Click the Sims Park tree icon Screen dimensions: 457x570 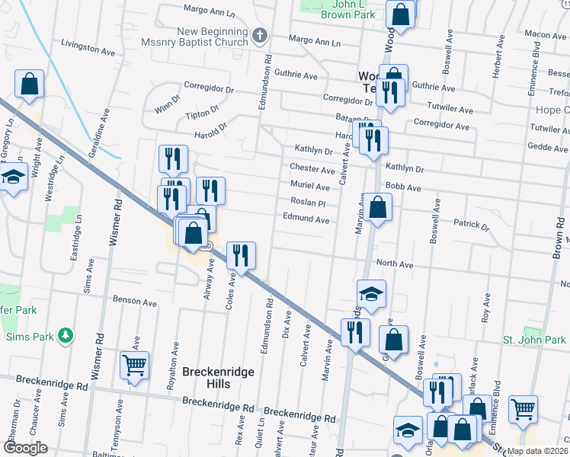click(66, 336)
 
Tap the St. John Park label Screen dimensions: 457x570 click(534, 340)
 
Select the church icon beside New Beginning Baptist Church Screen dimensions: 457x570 click(259, 34)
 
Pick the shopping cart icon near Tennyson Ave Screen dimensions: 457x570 click(134, 366)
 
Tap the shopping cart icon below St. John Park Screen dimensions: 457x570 click(523, 409)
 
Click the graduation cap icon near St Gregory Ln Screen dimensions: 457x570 click(12, 177)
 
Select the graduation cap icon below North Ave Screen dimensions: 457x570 click(371, 294)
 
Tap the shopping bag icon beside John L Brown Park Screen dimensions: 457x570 click(400, 14)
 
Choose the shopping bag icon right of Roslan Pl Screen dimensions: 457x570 click(377, 206)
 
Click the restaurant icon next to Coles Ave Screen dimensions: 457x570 click(241, 256)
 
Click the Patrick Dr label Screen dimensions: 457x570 click(470, 225)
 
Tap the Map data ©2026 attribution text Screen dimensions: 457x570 click(537, 451)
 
